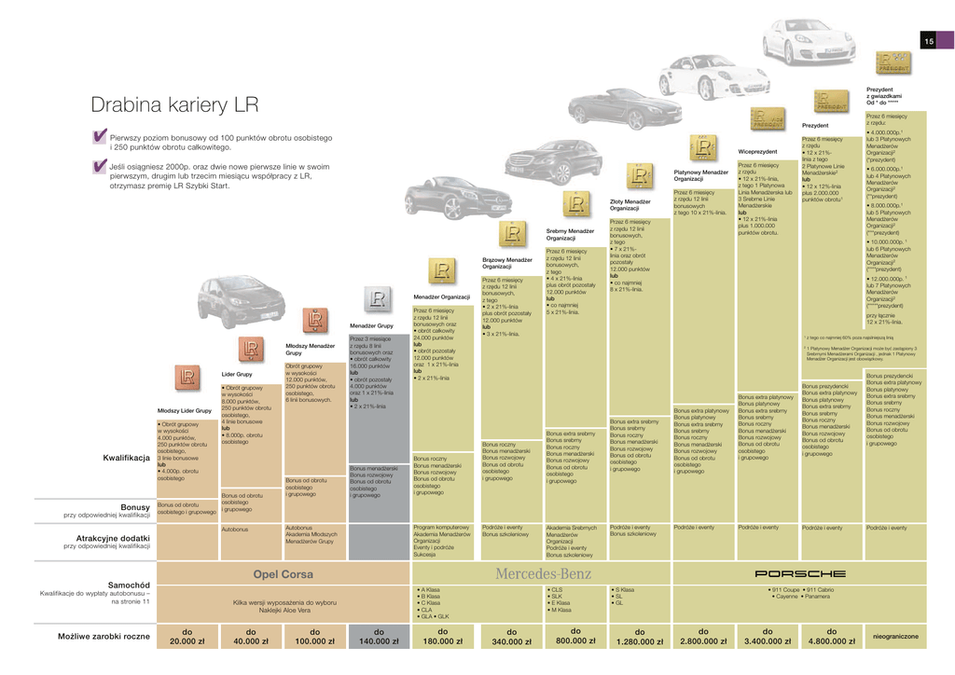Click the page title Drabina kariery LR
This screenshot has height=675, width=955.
pos(174,104)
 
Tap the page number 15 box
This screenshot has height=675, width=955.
pos(929,41)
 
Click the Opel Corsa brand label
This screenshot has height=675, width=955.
pos(284,574)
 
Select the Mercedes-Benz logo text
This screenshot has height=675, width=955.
pos(543,573)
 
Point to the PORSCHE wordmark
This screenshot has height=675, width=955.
pos(799,573)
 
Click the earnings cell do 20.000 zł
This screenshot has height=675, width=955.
pos(187,636)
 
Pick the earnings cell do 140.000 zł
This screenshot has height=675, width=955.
pos(379,636)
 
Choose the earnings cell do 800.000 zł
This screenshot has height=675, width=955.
pos(576,636)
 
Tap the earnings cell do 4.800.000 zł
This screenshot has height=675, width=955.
pos(832,636)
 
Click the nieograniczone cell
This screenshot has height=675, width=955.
pos(896,636)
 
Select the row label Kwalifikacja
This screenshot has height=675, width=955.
pos(127,458)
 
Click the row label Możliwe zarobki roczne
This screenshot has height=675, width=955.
pos(104,636)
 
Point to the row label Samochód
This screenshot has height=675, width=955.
pos(129,584)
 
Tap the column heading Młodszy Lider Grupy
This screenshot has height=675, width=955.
pos(184,410)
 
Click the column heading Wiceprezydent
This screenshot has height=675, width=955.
pos(757,151)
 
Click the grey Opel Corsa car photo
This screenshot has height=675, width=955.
pos(228,300)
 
